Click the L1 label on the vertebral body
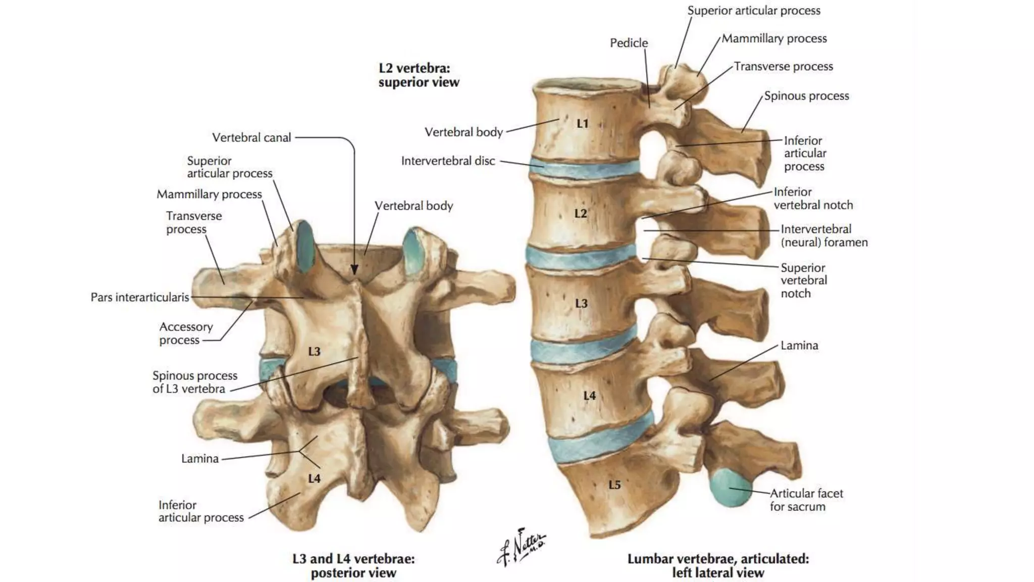583,123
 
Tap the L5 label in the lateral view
614,485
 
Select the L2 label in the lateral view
581,213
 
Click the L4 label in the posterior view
314,478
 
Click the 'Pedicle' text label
629,43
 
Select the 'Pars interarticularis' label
140,297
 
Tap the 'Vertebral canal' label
251,137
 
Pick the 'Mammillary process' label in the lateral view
774,38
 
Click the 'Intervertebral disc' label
448,161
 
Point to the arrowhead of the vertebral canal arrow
354,270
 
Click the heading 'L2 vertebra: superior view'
419,75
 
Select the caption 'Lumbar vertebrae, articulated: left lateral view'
718,565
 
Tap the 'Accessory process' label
186,333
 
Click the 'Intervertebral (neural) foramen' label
824,235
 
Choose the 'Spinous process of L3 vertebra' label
195,382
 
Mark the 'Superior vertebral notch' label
804,280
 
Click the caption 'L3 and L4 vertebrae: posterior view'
353,565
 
